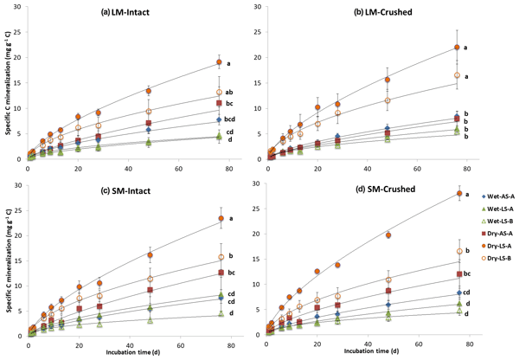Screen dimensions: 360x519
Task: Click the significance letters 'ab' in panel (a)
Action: coord(231,93)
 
